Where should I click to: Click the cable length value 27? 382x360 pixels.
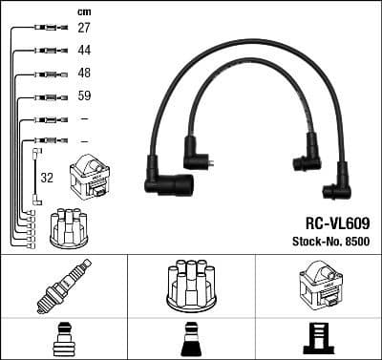click(84, 29)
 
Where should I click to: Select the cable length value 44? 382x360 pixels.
click(84, 51)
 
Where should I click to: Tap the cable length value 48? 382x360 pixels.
click(84, 74)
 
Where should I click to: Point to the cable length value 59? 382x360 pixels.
click(84, 96)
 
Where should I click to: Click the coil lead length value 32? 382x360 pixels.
click(46, 177)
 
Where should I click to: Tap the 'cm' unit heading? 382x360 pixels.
click(83, 11)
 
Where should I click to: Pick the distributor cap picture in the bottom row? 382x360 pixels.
click(190, 285)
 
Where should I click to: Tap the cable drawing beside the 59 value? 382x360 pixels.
click(44, 97)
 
